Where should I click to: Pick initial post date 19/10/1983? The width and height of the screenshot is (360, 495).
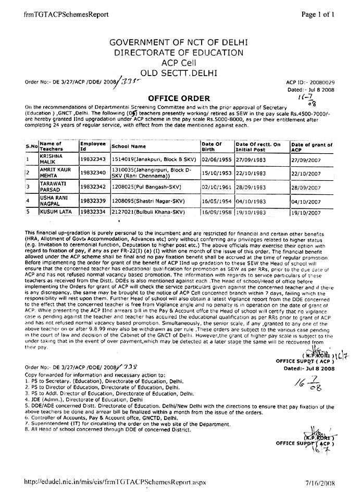click(251, 212)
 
